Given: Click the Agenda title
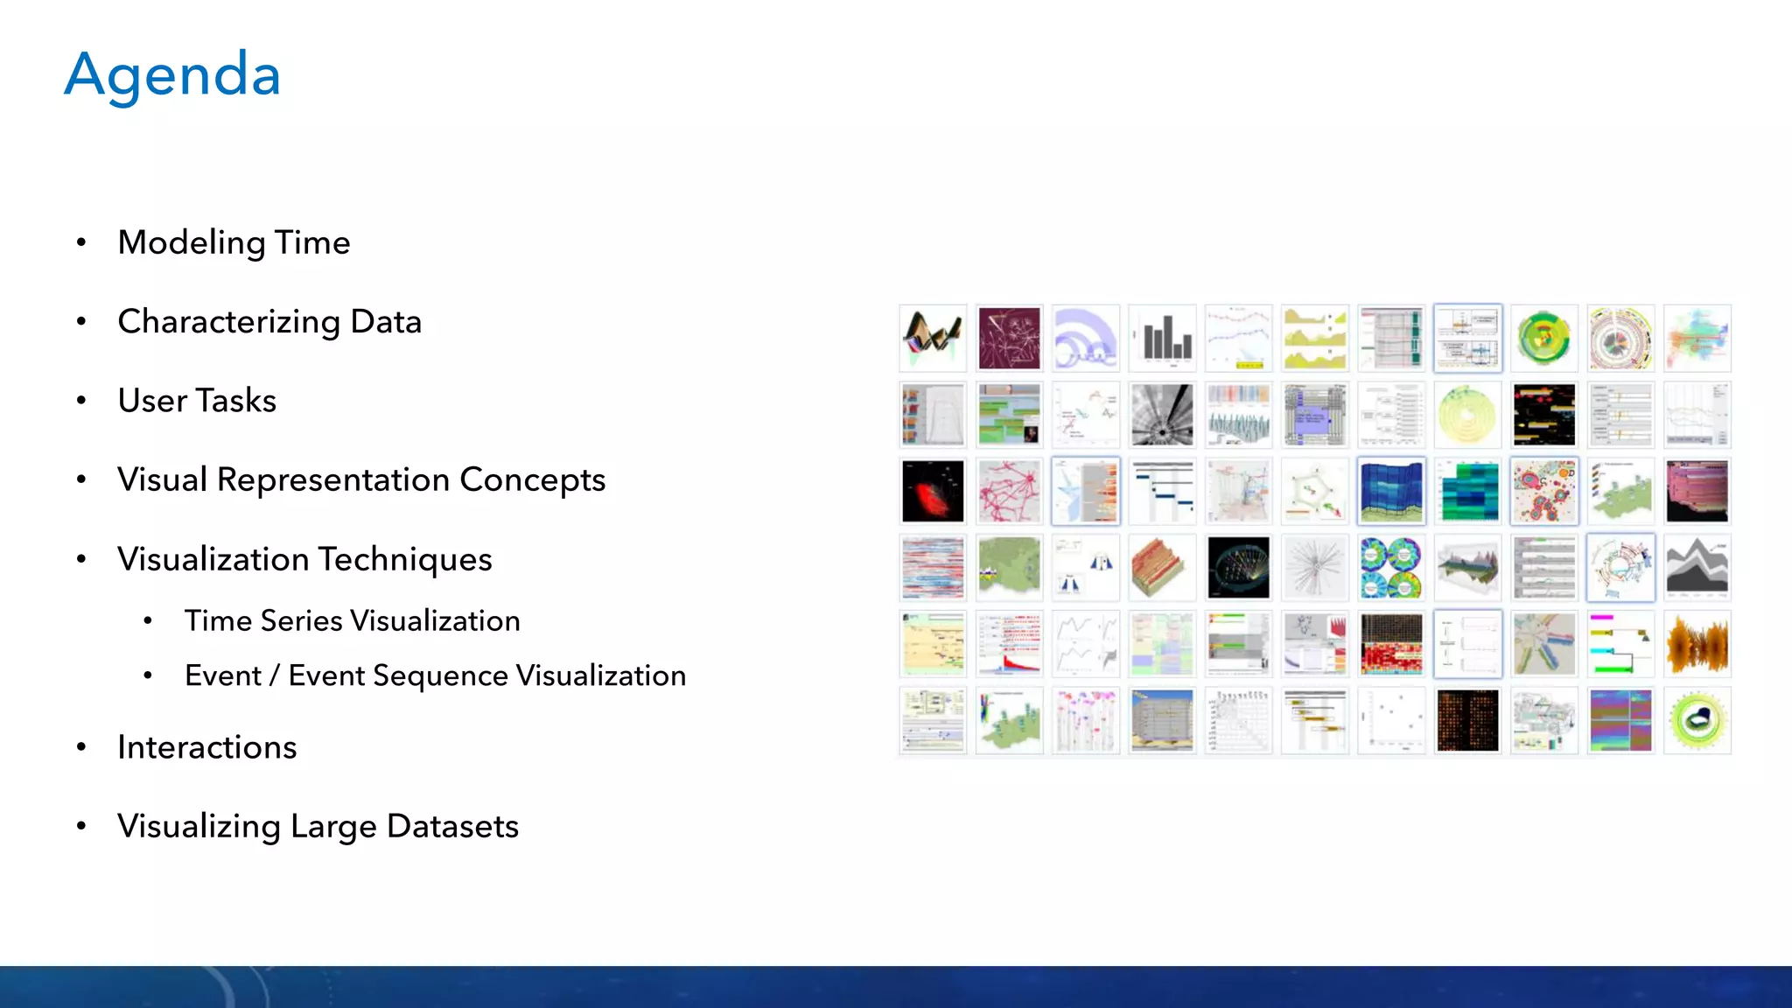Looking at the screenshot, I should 172,75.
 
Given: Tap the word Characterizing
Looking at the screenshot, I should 228,322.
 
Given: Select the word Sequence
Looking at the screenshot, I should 440,675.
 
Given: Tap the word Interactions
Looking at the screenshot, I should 207,747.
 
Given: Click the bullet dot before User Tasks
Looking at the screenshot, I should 81,401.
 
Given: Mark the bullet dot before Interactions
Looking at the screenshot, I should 81,747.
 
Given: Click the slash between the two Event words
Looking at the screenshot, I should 275,675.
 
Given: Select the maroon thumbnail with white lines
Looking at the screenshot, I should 1009,339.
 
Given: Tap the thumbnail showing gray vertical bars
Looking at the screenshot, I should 1162,339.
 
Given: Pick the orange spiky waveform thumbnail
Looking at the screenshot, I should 1697,645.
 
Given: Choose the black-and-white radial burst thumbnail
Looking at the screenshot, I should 1162,415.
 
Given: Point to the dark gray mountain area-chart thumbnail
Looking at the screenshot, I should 1697,568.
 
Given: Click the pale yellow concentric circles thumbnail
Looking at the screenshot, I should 1467,415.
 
